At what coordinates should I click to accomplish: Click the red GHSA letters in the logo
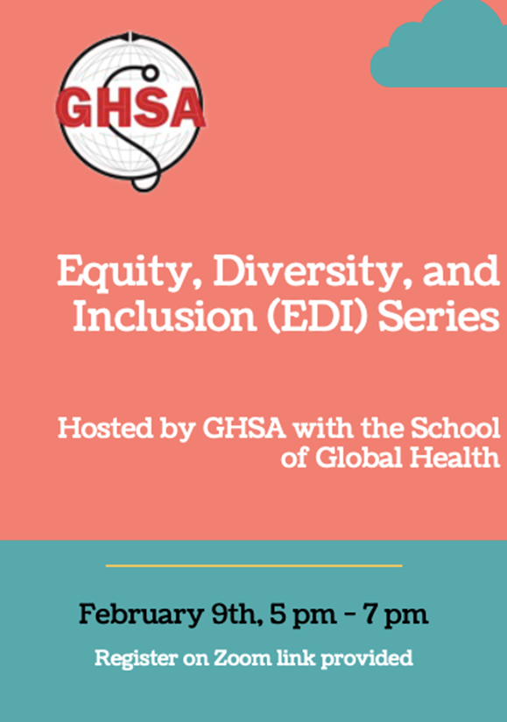coord(130,108)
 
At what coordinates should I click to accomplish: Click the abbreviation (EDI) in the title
coord(318,318)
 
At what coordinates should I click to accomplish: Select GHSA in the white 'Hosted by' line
coord(244,428)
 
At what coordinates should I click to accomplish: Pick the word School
coord(455,428)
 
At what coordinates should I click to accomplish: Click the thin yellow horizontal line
coord(254,565)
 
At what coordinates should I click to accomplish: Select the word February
coord(142,614)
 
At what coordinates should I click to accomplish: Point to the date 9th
coord(234,613)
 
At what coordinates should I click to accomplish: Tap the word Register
coord(136,658)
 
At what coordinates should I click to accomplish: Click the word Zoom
coord(242,657)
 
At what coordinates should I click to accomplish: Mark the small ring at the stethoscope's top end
coord(150,73)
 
